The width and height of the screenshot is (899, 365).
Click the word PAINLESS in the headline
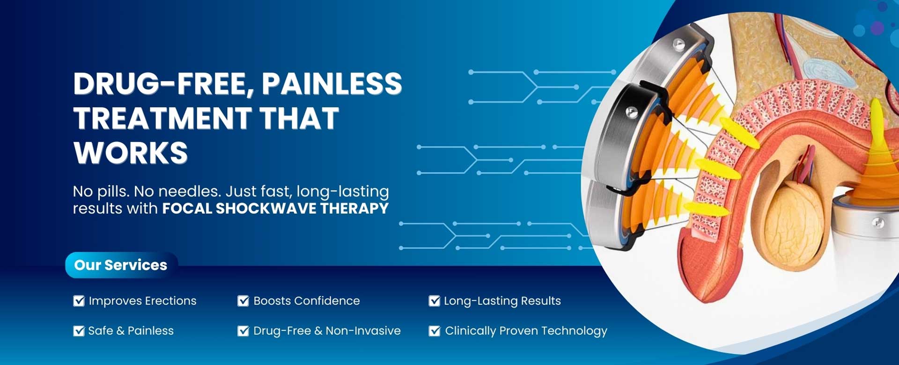tap(332, 84)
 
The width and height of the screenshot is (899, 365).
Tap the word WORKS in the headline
tap(131, 153)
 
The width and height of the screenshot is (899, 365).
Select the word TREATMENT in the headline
tap(162, 118)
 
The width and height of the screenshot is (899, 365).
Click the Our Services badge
tap(121, 265)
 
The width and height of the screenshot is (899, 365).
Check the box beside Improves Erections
tap(79, 301)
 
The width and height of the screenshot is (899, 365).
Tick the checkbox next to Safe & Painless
tap(79, 331)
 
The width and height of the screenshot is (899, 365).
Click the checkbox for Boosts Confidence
tap(243, 301)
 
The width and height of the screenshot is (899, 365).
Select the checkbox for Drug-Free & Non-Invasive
tap(243, 331)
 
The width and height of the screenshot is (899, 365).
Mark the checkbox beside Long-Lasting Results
tap(434, 301)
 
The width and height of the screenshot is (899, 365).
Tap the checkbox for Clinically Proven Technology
tap(434, 331)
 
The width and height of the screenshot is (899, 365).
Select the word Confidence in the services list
tap(327, 301)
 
